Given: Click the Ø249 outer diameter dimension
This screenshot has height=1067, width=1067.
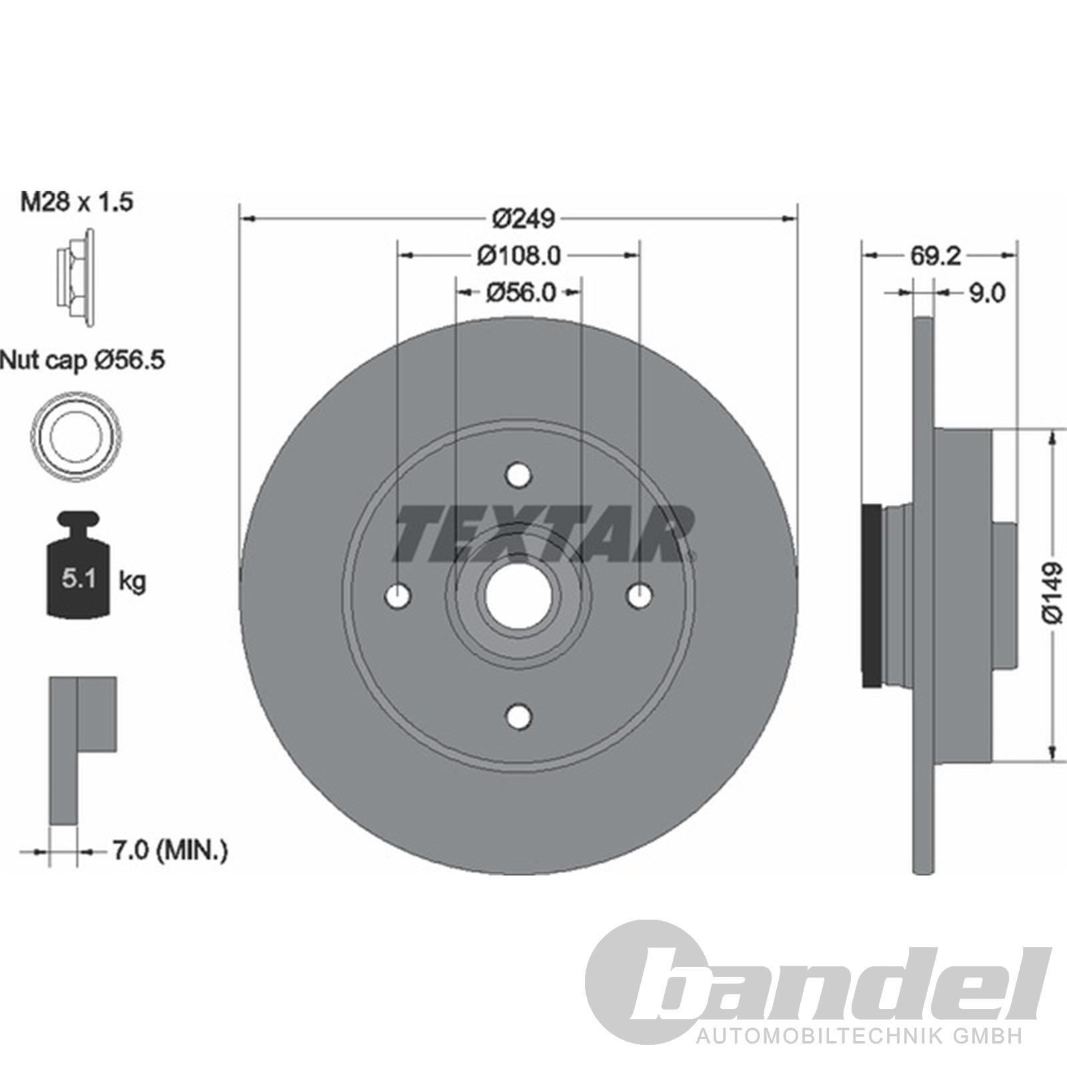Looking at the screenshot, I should coord(523,218).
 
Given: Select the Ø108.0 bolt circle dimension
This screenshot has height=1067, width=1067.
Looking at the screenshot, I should coord(519,255).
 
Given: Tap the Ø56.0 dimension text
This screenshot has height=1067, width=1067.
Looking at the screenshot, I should coord(520,292).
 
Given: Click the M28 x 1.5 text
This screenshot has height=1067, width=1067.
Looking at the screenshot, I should coord(77,202).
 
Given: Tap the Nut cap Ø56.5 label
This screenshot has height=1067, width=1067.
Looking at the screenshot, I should coord(83,361).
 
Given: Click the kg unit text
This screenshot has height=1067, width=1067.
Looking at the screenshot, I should coord(132,581).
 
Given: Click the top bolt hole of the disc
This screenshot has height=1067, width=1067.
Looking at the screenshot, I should coord(518,475).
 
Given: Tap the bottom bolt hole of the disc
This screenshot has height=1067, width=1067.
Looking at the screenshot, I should coord(518,716).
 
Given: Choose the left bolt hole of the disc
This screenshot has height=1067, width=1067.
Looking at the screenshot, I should coord(398,596).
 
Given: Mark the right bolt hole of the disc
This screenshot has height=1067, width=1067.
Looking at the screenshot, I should coord(640,596).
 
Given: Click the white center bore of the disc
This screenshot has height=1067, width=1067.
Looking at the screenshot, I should coord(518,596).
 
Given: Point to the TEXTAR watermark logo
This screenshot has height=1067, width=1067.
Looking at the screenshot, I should coord(544,533).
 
